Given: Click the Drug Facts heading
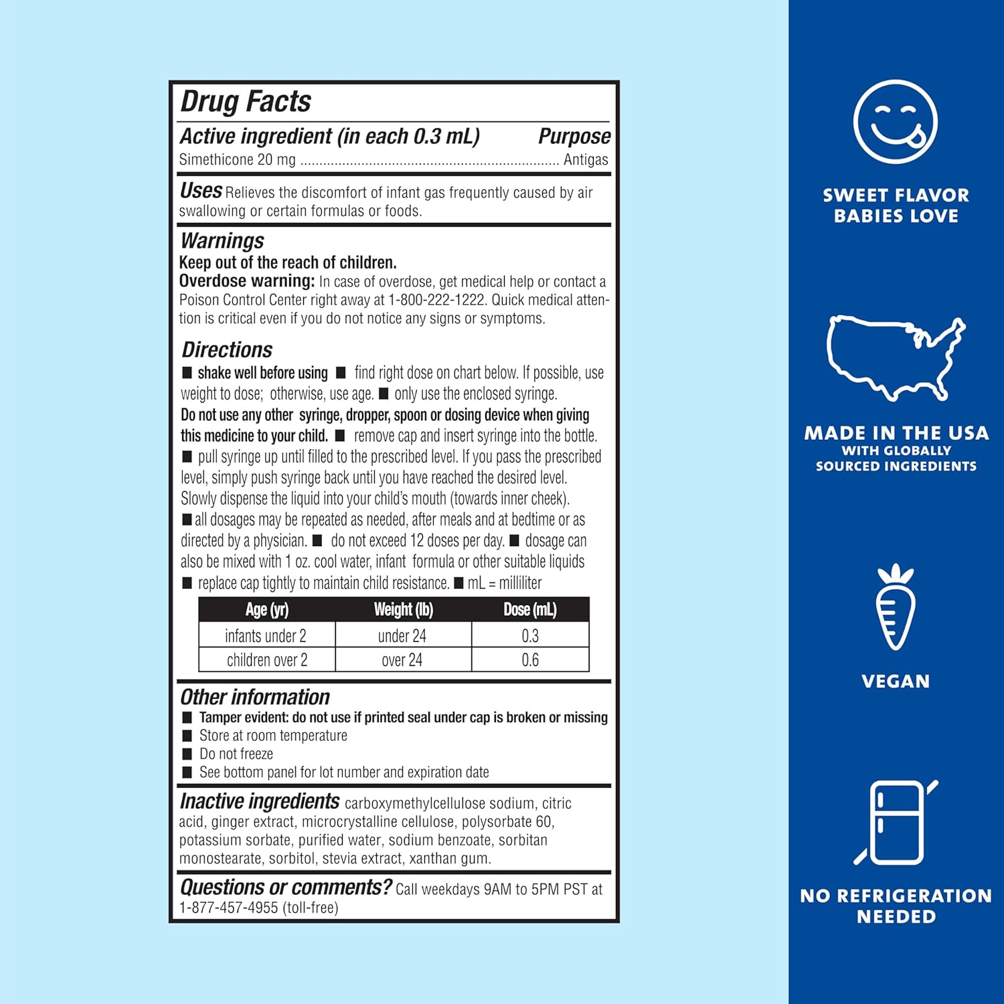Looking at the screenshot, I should [x=246, y=102].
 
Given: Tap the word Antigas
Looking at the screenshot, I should [x=586, y=160].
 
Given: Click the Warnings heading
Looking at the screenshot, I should [x=222, y=241].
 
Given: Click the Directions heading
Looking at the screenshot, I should [x=227, y=349].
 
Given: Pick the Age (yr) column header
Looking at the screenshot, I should [x=267, y=610].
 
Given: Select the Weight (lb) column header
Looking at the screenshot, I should [x=403, y=610].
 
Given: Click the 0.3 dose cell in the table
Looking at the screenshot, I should [x=530, y=635].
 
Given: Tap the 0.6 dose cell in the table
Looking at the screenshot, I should [x=530, y=660].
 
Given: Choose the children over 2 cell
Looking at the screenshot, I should [x=267, y=660].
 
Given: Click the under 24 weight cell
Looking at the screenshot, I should [x=402, y=635].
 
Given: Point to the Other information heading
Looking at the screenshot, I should [x=255, y=697].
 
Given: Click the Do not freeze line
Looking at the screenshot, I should [x=236, y=754].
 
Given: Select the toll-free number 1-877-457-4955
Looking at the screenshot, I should [x=228, y=908].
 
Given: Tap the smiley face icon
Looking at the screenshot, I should [x=896, y=122].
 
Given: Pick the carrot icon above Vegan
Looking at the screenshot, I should [x=895, y=608].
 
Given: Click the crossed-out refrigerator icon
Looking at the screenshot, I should [x=896, y=822].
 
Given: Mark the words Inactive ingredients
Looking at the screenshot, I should [x=260, y=801].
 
